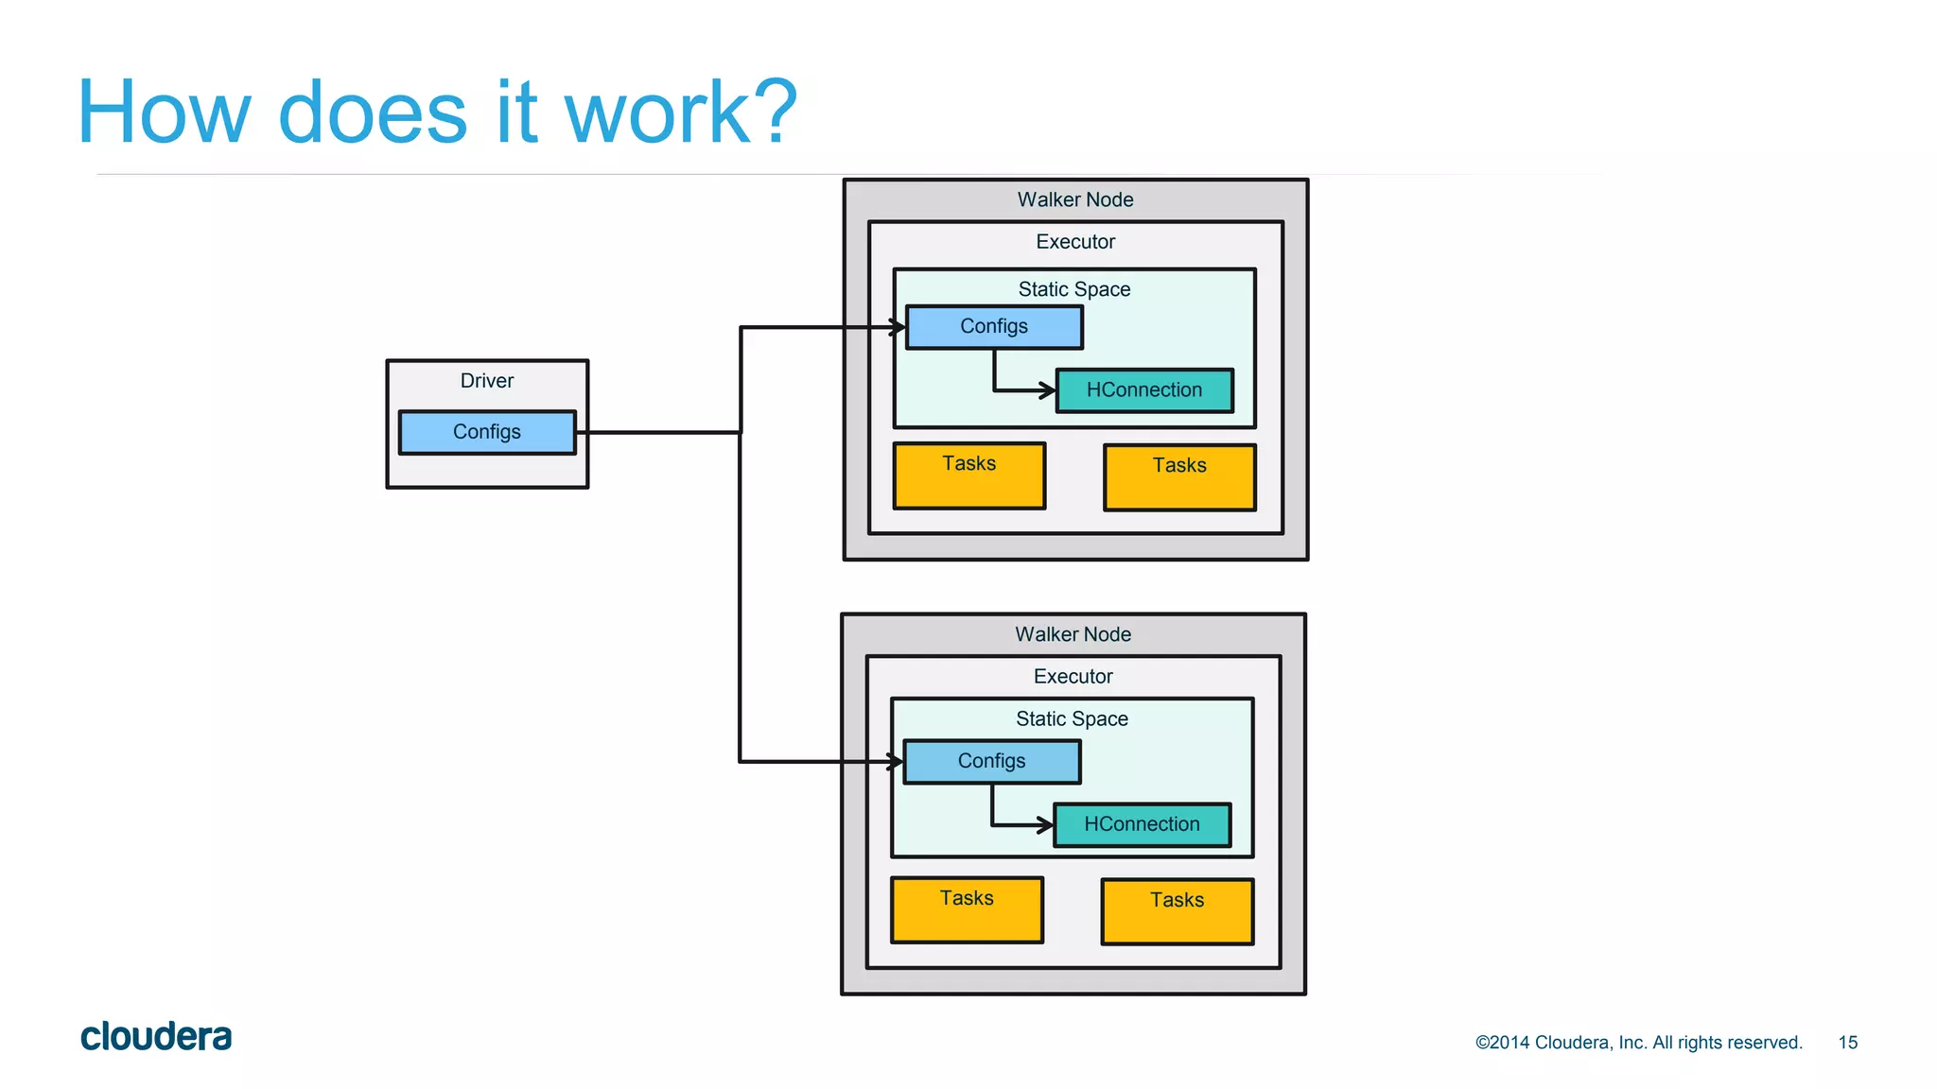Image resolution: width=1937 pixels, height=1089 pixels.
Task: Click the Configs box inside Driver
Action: tap(487, 432)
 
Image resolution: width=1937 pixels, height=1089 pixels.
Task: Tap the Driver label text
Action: tap(487, 381)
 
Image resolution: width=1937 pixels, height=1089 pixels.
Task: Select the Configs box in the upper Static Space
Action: tap(994, 327)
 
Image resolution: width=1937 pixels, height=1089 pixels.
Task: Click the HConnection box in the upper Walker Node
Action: tap(1144, 390)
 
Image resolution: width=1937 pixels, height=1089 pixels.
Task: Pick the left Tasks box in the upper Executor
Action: tap(969, 476)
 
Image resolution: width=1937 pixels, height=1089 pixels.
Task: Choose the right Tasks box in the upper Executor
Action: tap(1179, 477)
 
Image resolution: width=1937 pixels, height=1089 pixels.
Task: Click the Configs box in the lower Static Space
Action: tap(991, 762)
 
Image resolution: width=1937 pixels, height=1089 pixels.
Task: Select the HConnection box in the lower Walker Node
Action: tap(1142, 824)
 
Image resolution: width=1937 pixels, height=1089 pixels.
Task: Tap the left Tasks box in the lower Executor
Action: tap(967, 910)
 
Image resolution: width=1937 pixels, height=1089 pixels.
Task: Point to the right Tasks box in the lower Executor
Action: tap(1177, 911)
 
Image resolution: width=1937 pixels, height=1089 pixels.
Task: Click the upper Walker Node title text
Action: tap(1075, 200)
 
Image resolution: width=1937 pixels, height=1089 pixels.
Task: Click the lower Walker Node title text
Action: tap(1073, 634)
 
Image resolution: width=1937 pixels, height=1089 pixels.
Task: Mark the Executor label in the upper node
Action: tap(1075, 242)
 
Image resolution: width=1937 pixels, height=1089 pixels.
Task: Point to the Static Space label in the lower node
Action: tap(1072, 719)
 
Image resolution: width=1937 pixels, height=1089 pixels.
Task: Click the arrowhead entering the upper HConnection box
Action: tap(1048, 389)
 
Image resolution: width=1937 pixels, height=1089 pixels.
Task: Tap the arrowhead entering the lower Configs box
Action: tap(896, 761)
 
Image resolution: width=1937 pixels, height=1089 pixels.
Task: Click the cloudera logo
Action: tap(156, 1037)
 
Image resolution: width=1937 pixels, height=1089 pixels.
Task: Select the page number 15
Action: tap(1847, 1043)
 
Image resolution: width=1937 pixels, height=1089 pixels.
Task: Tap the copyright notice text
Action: tap(1638, 1043)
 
